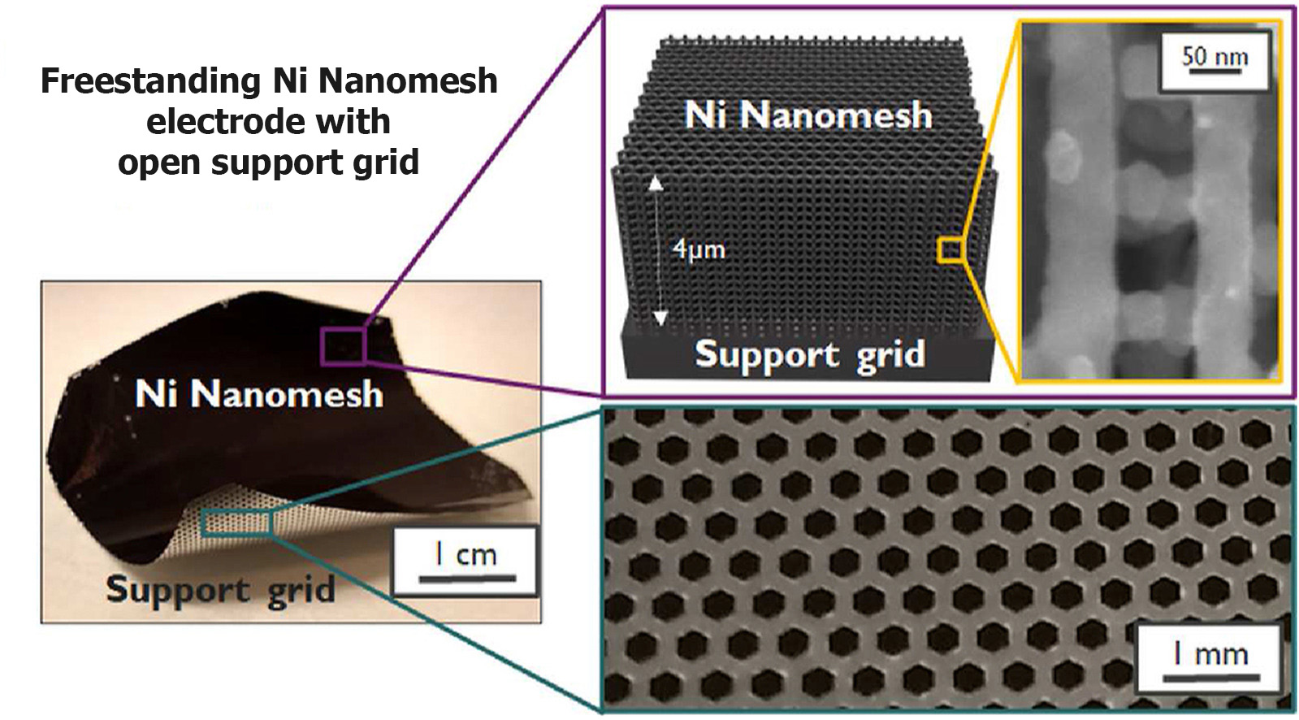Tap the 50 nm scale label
coord(1215,56)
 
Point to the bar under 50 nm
coord(1215,72)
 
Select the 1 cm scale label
coord(465,555)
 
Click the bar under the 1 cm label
coord(467,578)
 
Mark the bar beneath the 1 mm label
coord(1211,677)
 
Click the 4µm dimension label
coord(699,249)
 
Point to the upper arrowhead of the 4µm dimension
coord(656,184)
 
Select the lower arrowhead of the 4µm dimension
coord(660,318)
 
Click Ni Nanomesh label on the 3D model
coord(808,115)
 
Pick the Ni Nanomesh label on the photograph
coord(259,394)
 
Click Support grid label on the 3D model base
coord(810,354)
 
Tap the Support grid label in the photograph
coord(221,591)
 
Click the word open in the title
coord(159,163)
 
